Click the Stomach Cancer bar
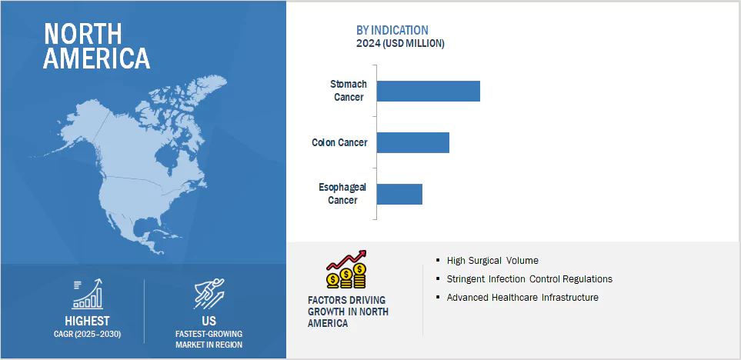[x=428, y=91]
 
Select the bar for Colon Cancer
[x=412, y=142]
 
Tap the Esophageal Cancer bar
[x=399, y=194]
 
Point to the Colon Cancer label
[x=339, y=142]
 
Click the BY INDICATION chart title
[x=393, y=29]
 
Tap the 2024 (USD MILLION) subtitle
[x=400, y=43]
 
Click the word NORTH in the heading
[x=82, y=34]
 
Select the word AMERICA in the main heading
[x=96, y=58]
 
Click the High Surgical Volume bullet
[x=492, y=260]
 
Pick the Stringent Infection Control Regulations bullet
[x=529, y=278]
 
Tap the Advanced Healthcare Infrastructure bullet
[x=522, y=297]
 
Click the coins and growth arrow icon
[x=346, y=268]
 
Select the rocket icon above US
[x=209, y=294]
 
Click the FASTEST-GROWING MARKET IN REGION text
[x=209, y=338]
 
